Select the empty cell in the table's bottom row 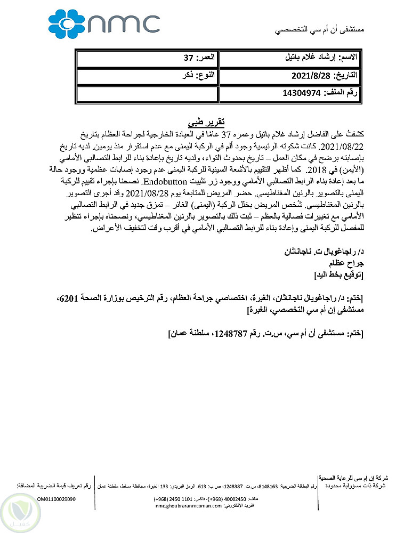147,93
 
